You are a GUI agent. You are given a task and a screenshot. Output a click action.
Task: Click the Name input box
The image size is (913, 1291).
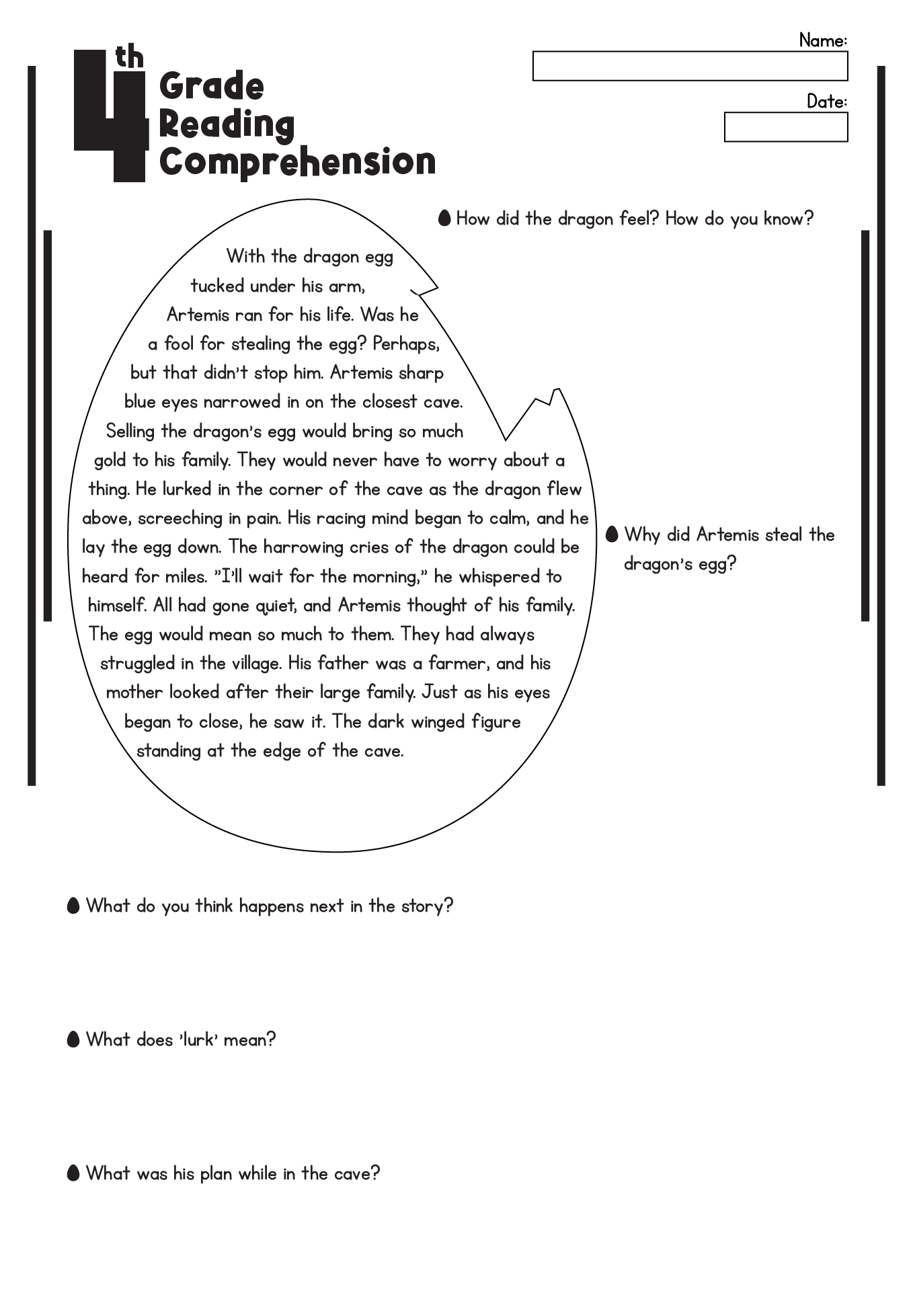[690, 67]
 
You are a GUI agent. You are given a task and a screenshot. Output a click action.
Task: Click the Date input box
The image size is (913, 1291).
[785, 127]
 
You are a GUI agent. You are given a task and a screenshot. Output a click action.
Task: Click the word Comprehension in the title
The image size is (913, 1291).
[297, 163]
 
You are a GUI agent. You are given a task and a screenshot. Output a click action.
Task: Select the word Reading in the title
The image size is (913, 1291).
[227, 125]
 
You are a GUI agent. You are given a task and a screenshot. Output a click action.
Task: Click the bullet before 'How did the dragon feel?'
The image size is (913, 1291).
[444, 218]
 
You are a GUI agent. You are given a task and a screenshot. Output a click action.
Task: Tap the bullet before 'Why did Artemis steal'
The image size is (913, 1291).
[612, 534]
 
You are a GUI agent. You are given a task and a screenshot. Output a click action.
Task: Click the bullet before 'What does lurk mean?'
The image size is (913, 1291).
[74, 1040]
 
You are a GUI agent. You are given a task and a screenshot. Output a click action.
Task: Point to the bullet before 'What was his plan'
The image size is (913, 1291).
[74, 1173]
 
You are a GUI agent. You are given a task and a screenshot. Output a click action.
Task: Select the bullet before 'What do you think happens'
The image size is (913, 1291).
[74, 906]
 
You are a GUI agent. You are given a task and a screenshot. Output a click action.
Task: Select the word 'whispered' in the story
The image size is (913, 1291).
[499, 576]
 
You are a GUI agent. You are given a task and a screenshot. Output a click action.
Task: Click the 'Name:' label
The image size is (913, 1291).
[822, 40]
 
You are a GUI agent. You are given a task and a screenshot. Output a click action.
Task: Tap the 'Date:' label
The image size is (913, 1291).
[826, 101]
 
